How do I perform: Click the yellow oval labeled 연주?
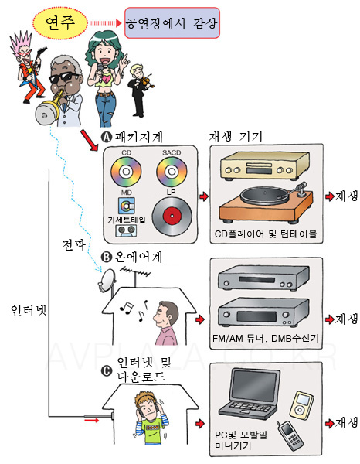point(60,22)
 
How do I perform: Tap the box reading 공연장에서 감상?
point(172,23)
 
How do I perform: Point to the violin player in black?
point(139,90)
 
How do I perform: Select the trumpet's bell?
point(46,114)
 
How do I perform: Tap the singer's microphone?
point(101,71)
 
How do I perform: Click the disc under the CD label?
point(126,172)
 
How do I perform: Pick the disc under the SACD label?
point(172,172)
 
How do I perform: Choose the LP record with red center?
point(172,216)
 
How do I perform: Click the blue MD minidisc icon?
point(127,206)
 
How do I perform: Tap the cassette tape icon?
point(126,230)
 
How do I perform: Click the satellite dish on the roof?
point(107,280)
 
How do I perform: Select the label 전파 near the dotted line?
point(73,245)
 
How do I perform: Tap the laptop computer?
point(249,393)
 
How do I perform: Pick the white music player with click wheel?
point(301,404)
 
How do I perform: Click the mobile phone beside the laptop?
point(290,435)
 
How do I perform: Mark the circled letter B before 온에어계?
point(106,257)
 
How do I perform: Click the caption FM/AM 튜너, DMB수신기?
point(266,338)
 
